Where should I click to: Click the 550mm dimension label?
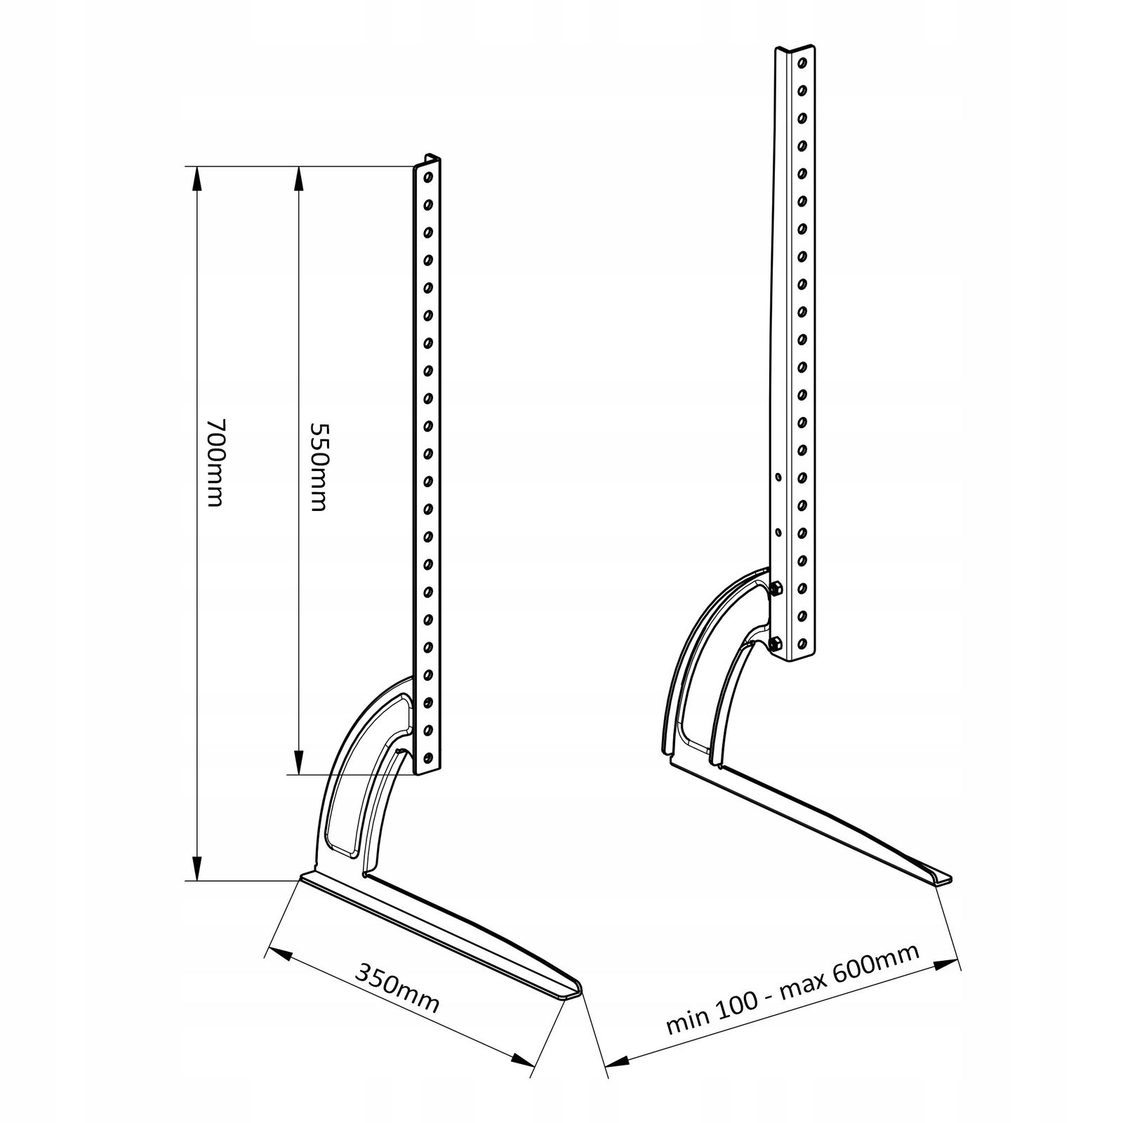[319, 467]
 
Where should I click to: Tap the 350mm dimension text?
[397, 988]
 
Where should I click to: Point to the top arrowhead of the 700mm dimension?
[197, 178]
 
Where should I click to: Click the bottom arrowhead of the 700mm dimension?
[197, 868]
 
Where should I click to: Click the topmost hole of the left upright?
[427, 176]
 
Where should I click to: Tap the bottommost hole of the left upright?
[427, 757]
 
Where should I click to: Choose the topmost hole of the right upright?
[802, 64]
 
